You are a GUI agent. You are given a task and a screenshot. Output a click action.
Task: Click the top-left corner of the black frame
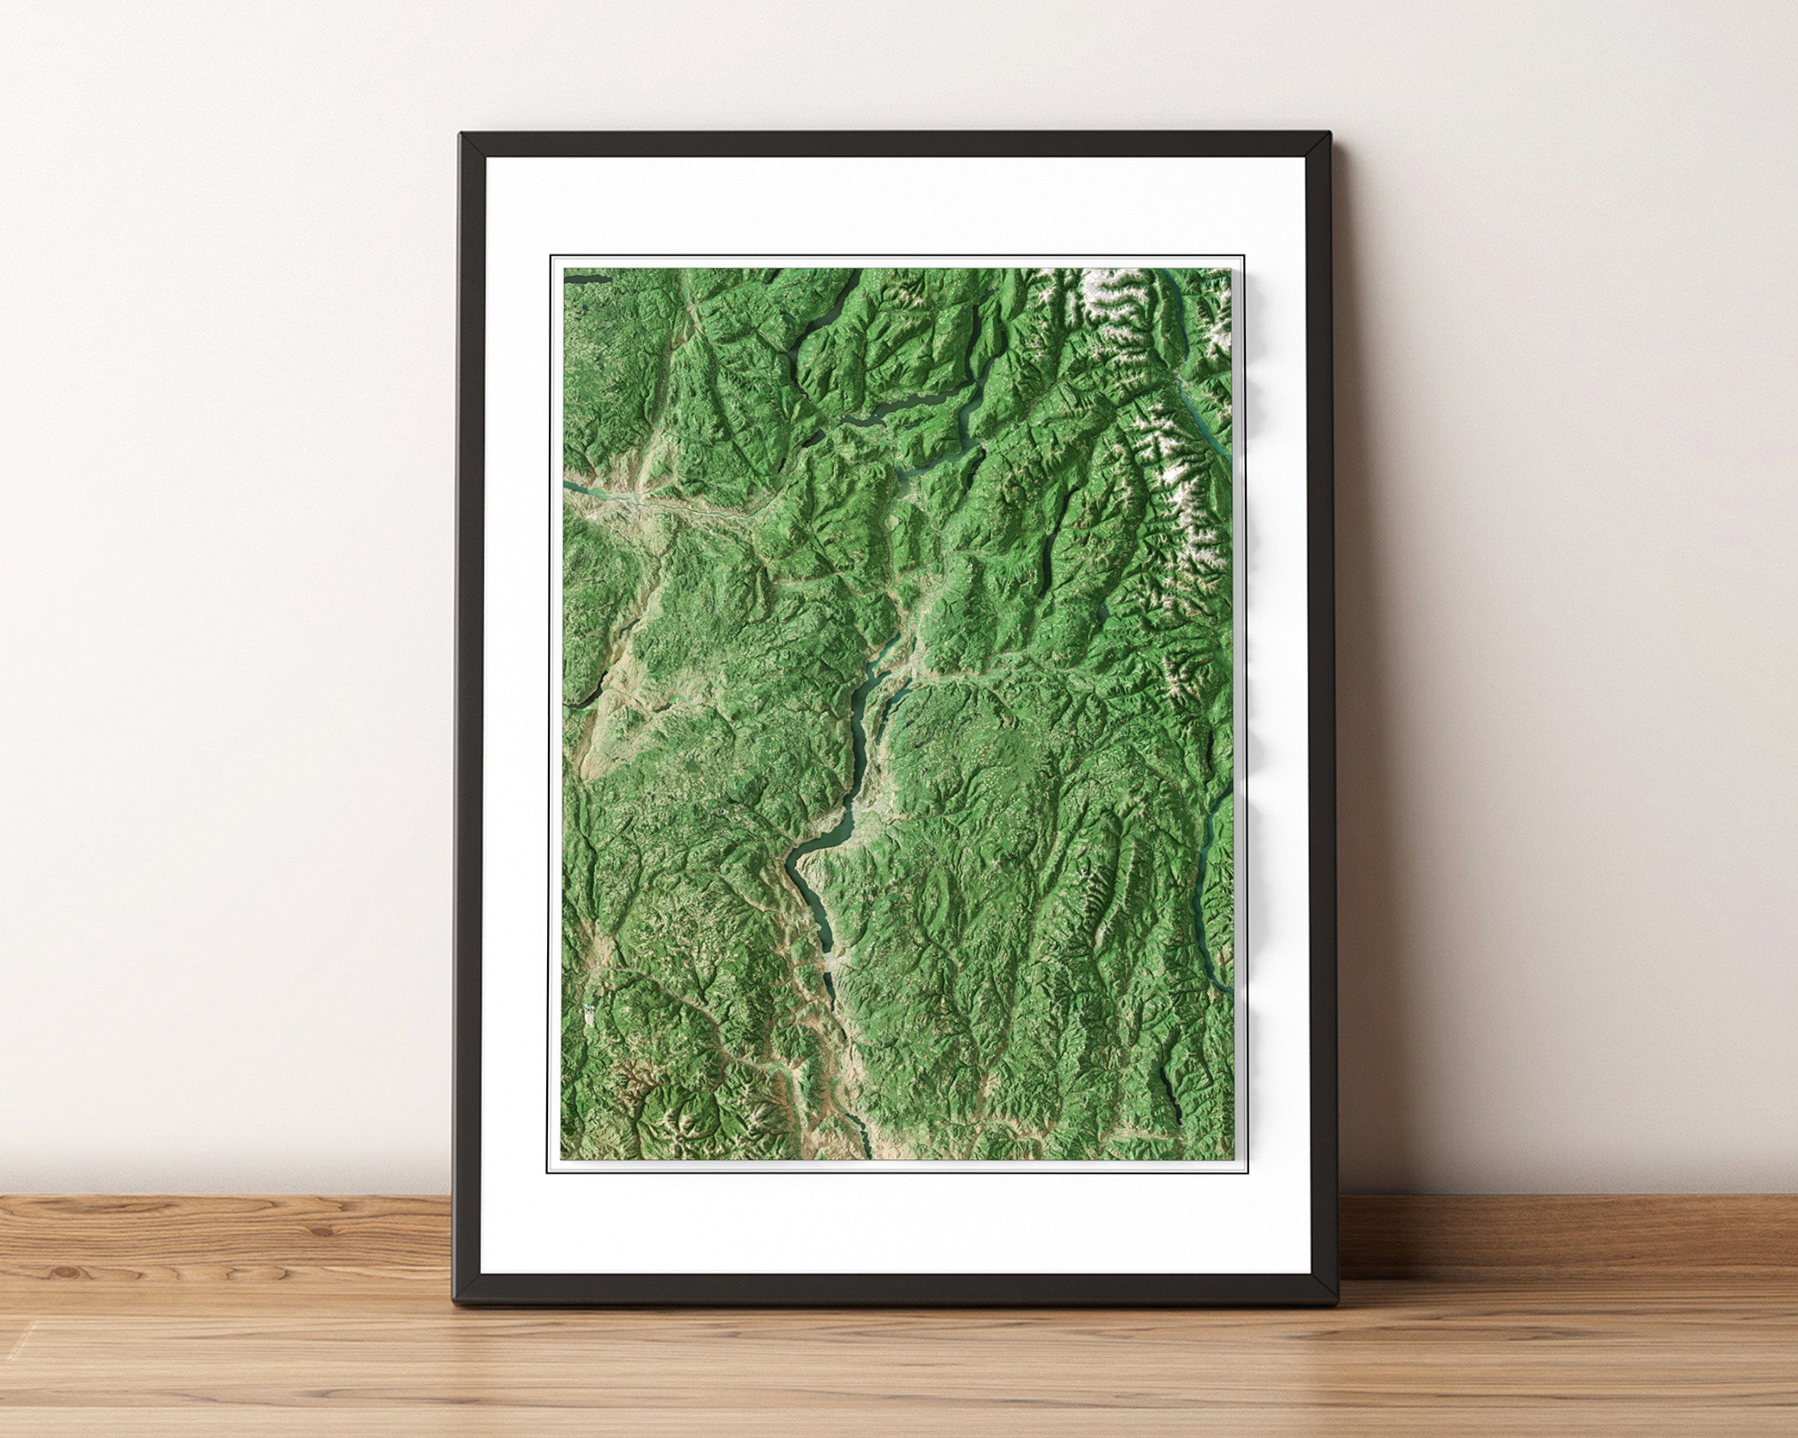461,134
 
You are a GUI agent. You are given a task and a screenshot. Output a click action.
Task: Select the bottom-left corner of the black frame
455,1304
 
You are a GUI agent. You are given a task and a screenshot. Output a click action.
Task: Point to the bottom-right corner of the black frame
1336,1304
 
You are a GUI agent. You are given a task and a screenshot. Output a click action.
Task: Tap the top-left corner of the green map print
563,269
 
